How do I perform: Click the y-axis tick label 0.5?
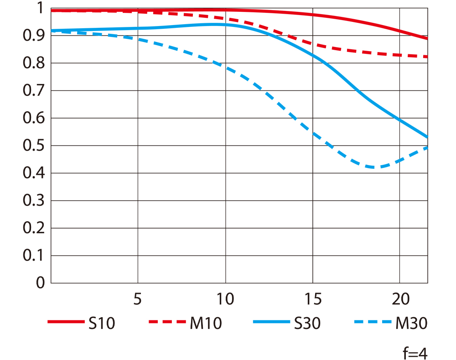click(x=34, y=146)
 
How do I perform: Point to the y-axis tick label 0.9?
click(x=34, y=36)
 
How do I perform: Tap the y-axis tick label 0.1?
click(x=34, y=256)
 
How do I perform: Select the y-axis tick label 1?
click(x=39, y=8)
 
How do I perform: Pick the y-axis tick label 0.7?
click(x=34, y=91)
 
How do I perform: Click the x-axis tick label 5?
click(x=137, y=300)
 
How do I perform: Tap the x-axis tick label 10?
click(x=225, y=300)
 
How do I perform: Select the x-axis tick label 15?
click(x=312, y=300)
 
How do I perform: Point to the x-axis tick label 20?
click(x=400, y=300)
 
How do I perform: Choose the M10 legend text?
click(x=205, y=324)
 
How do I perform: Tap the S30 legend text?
click(x=307, y=324)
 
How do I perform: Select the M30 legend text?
click(x=411, y=324)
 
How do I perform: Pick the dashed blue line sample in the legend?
click(x=372, y=323)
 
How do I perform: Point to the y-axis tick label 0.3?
click(x=34, y=201)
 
